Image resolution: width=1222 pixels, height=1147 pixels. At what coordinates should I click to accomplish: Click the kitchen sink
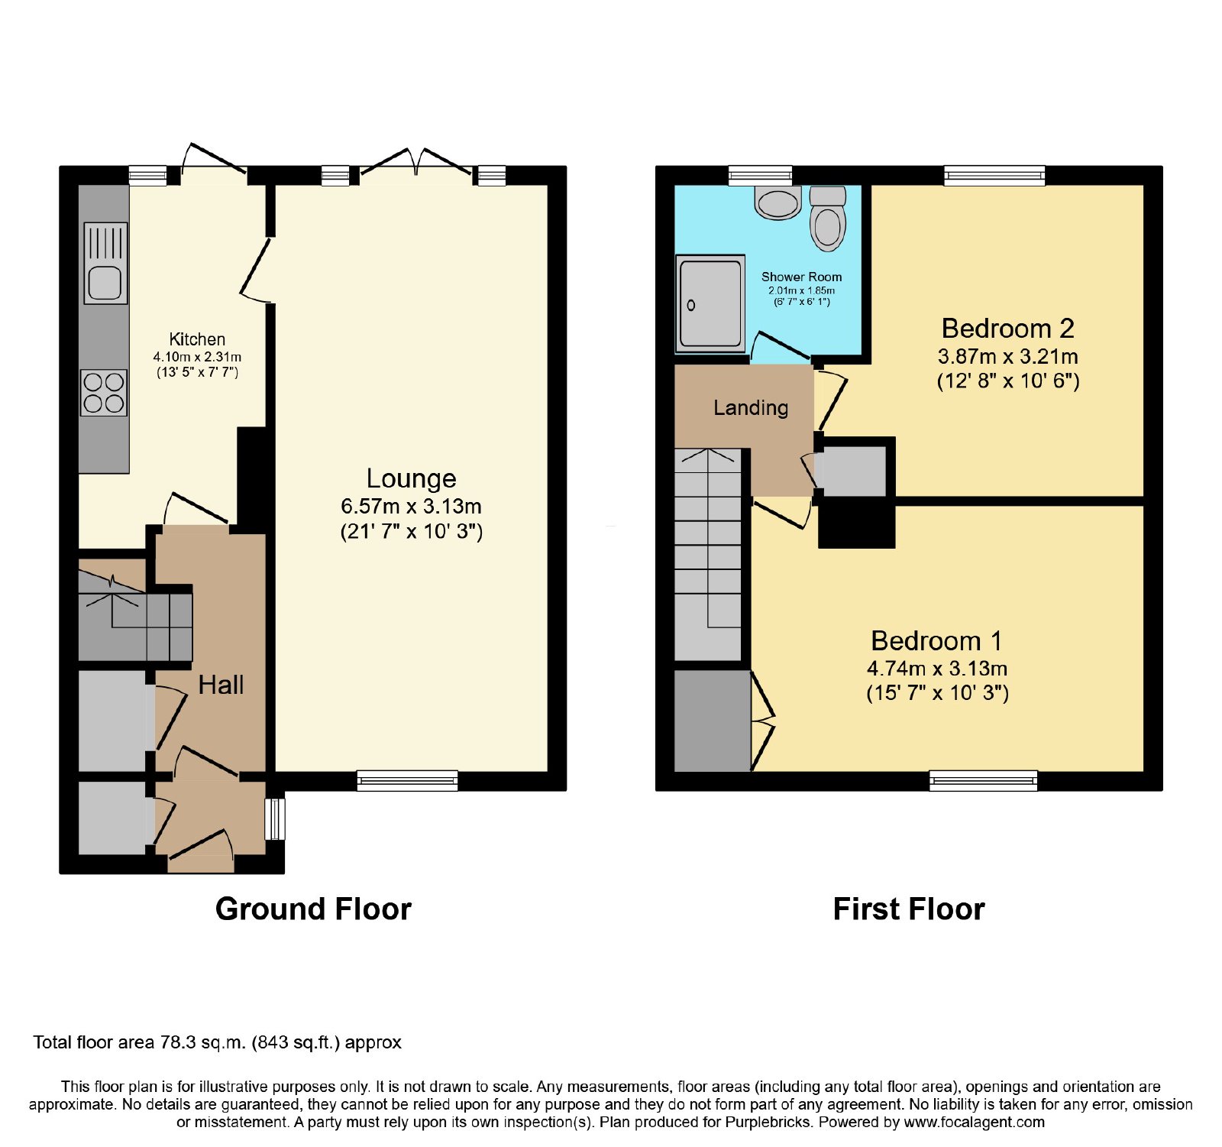pos(105,263)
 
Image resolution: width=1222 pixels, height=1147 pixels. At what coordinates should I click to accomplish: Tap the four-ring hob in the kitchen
pos(104,393)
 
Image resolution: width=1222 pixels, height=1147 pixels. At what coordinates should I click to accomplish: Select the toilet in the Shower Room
pos(827,219)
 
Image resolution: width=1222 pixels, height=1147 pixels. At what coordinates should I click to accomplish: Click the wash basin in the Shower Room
pos(777,203)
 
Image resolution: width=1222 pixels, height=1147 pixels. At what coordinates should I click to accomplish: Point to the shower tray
pos(710,304)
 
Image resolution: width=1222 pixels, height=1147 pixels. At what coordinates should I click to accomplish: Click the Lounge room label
pos(411,478)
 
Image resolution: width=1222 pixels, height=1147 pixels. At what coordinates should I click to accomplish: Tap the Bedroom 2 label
pos(1008,329)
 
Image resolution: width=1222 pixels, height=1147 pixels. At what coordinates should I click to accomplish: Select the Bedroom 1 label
pos(937,640)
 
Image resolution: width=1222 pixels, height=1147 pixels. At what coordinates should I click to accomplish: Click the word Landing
pos(751,408)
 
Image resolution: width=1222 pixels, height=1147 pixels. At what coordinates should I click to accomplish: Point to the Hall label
pos(221,685)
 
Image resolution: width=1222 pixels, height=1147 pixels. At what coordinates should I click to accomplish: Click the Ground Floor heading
pos(313,909)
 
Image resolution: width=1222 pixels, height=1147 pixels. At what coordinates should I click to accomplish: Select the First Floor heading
pos(909,909)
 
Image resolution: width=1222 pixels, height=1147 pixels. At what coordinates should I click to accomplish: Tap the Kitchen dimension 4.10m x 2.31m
pos(197,357)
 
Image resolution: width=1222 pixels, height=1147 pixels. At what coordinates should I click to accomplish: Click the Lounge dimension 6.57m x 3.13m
pos(411,506)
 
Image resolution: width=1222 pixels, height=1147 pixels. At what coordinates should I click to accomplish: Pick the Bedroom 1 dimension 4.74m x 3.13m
pos(937,669)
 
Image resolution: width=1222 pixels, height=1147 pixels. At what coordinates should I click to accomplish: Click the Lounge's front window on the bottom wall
pos(407,780)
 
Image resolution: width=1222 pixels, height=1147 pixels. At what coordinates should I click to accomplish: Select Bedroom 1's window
pos(984,780)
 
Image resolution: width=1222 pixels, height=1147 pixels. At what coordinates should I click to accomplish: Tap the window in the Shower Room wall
pos(760,176)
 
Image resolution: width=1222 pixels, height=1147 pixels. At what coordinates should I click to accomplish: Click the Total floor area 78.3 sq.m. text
pos(217,1042)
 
